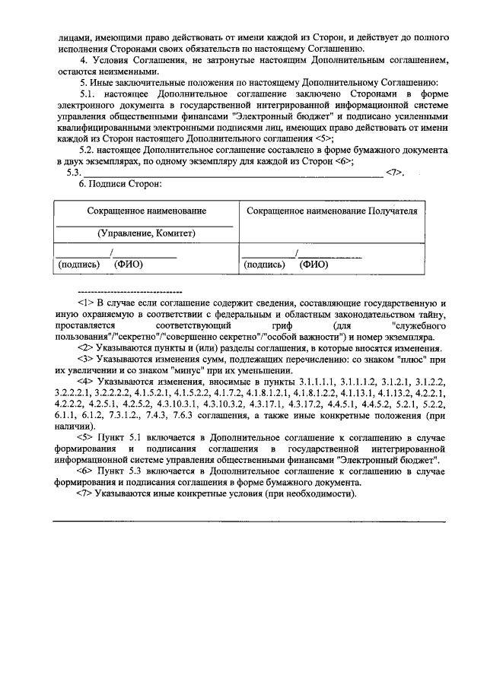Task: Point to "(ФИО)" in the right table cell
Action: coord(314,265)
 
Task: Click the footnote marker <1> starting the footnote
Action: coord(85,302)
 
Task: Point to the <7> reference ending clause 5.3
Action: coord(393,173)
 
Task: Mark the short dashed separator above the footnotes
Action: coord(129,290)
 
